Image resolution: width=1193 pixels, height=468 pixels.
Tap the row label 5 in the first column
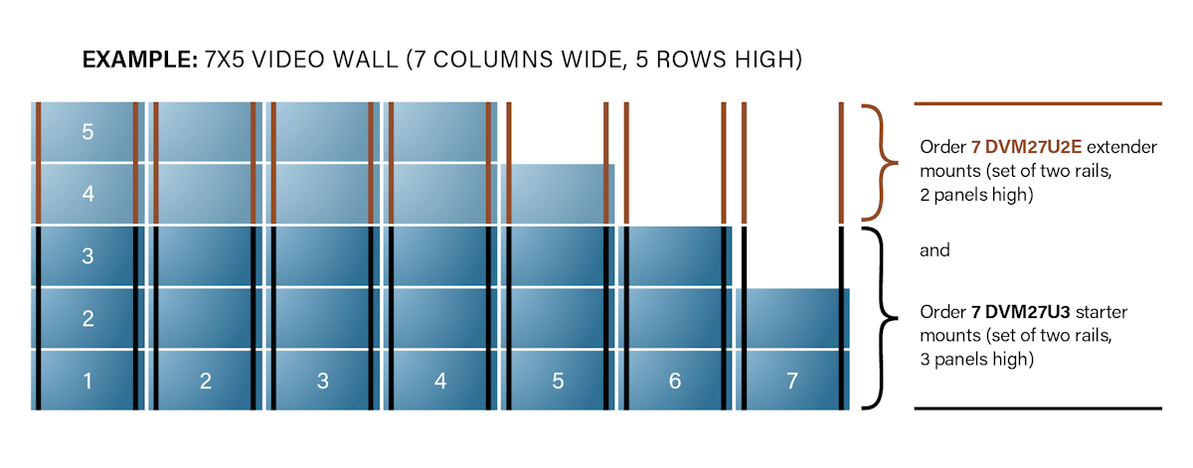(87, 132)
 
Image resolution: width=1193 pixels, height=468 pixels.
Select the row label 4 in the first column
(87, 194)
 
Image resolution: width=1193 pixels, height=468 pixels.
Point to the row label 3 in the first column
(87, 256)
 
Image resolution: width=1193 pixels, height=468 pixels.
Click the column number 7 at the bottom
(792, 381)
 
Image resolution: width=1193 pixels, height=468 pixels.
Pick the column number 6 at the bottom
(675, 381)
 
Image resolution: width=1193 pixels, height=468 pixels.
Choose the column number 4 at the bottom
(439, 381)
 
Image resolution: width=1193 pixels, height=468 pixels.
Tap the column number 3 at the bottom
(323, 381)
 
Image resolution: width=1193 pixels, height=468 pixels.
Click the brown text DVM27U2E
(1033, 147)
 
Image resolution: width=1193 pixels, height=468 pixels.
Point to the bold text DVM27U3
(1027, 312)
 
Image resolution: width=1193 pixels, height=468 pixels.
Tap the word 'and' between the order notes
(935, 250)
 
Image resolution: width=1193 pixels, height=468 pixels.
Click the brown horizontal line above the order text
(1038, 103)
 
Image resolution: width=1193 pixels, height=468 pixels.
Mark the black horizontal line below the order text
(1038, 408)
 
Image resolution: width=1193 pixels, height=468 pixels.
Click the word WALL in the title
(365, 60)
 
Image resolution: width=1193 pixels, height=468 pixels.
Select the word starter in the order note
(1102, 312)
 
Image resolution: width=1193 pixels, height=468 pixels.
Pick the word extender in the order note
(1122, 147)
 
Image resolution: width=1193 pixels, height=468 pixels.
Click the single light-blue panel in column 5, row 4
(558, 194)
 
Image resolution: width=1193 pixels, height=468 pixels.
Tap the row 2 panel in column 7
(792, 318)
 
